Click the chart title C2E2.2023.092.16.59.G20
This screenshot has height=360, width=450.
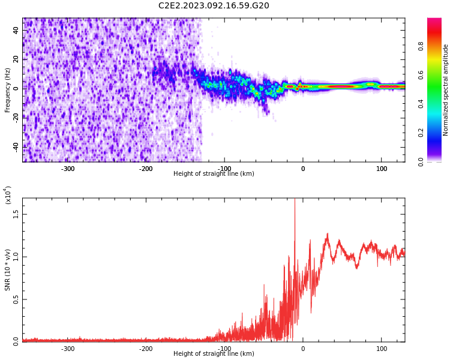(214, 5)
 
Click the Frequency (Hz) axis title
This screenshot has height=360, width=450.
(7, 90)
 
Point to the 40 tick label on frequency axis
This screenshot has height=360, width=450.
(16, 30)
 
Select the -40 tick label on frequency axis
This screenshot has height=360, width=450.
(16, 148)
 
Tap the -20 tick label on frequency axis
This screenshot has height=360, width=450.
(16, 118)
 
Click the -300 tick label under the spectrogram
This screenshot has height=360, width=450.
(68, 169)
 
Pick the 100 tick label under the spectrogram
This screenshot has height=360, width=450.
(382, 169)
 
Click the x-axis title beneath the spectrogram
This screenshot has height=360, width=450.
(214, 173)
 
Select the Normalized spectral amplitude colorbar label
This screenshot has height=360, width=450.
(445, 90)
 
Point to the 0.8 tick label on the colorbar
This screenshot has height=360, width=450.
(421, 46)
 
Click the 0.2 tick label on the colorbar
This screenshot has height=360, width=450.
(421, 133)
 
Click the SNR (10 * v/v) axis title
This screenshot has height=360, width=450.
(7, 270)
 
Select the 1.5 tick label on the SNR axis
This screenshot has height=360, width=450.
(16, 214)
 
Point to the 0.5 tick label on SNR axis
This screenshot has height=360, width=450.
(16, 300)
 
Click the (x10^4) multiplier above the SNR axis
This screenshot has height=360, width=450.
(8, 195)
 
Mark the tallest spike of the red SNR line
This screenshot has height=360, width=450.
(295, 199)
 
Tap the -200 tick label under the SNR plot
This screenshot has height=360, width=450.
(146, 349)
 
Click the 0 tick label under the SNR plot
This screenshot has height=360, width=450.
(303, 349)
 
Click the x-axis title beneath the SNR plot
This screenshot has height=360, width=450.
(214, 353)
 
